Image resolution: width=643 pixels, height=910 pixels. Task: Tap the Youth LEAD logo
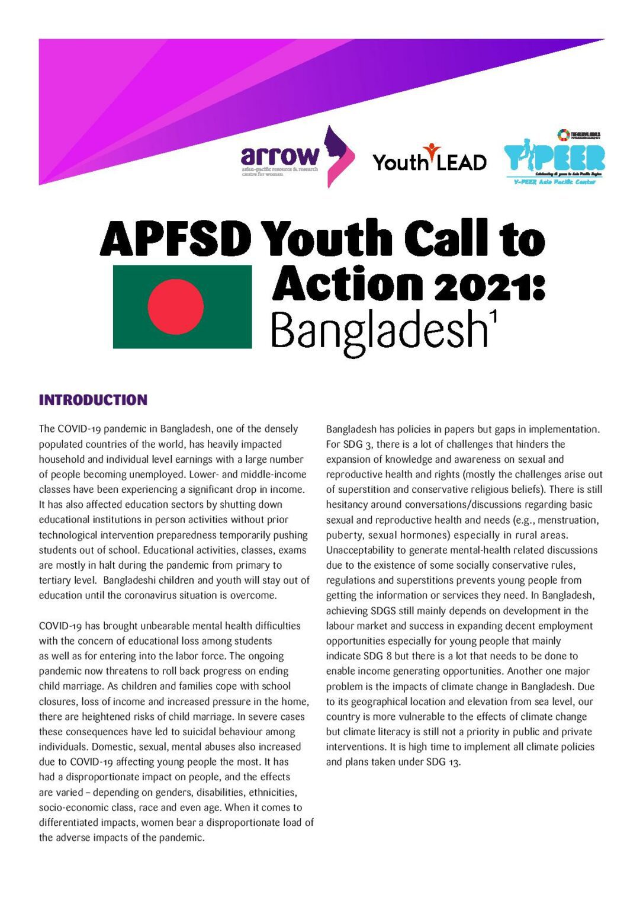(429, 158)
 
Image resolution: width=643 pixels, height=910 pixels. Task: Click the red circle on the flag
(176, 307)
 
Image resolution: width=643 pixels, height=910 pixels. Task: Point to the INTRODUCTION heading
(93, 400)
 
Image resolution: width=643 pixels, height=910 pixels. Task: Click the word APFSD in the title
(176, 239)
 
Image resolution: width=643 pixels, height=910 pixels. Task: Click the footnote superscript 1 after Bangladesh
(493, 318)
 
